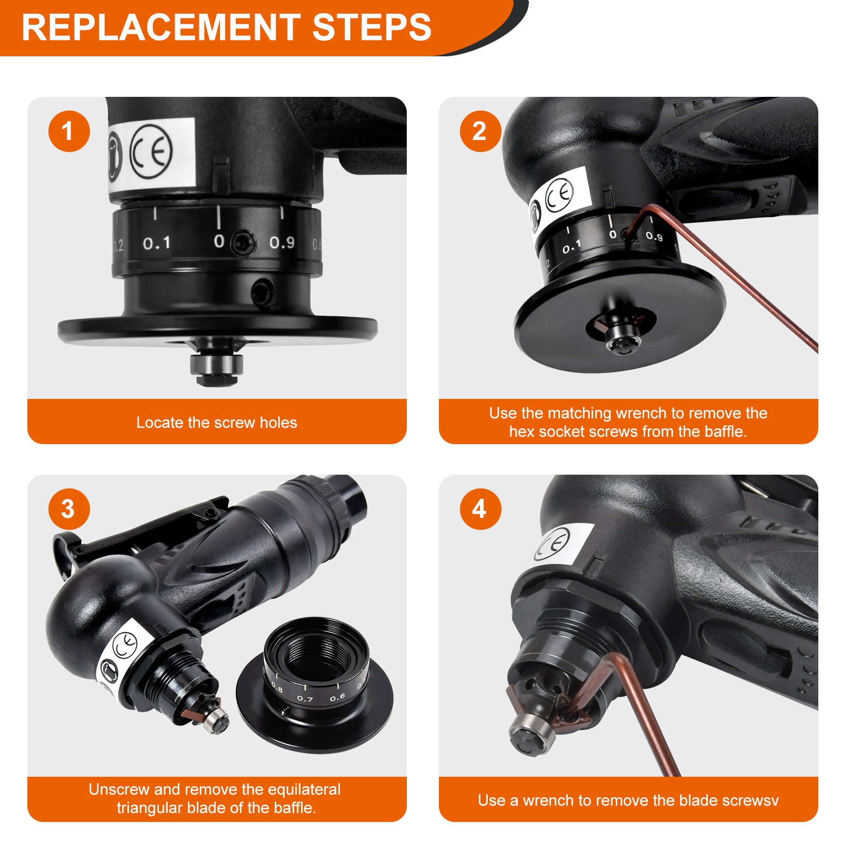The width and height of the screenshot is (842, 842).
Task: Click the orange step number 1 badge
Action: click(69, 131)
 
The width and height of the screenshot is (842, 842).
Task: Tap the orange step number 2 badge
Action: click(480, 131)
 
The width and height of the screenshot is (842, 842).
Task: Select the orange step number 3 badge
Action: click(69, 509)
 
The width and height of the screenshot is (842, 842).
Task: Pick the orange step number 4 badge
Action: click(480, 509)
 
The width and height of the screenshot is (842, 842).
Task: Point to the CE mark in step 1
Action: click(152, 151)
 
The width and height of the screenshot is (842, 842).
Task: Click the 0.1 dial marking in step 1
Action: click(157, 244)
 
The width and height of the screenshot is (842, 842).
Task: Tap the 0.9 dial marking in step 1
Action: click(282, 243)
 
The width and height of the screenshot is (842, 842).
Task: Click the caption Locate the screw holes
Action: click(216, 423)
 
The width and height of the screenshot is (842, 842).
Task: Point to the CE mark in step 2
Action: click(559, 195)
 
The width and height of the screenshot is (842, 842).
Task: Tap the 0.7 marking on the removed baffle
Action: click(305, 699)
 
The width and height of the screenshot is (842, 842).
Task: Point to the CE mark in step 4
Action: click(553, 544)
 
